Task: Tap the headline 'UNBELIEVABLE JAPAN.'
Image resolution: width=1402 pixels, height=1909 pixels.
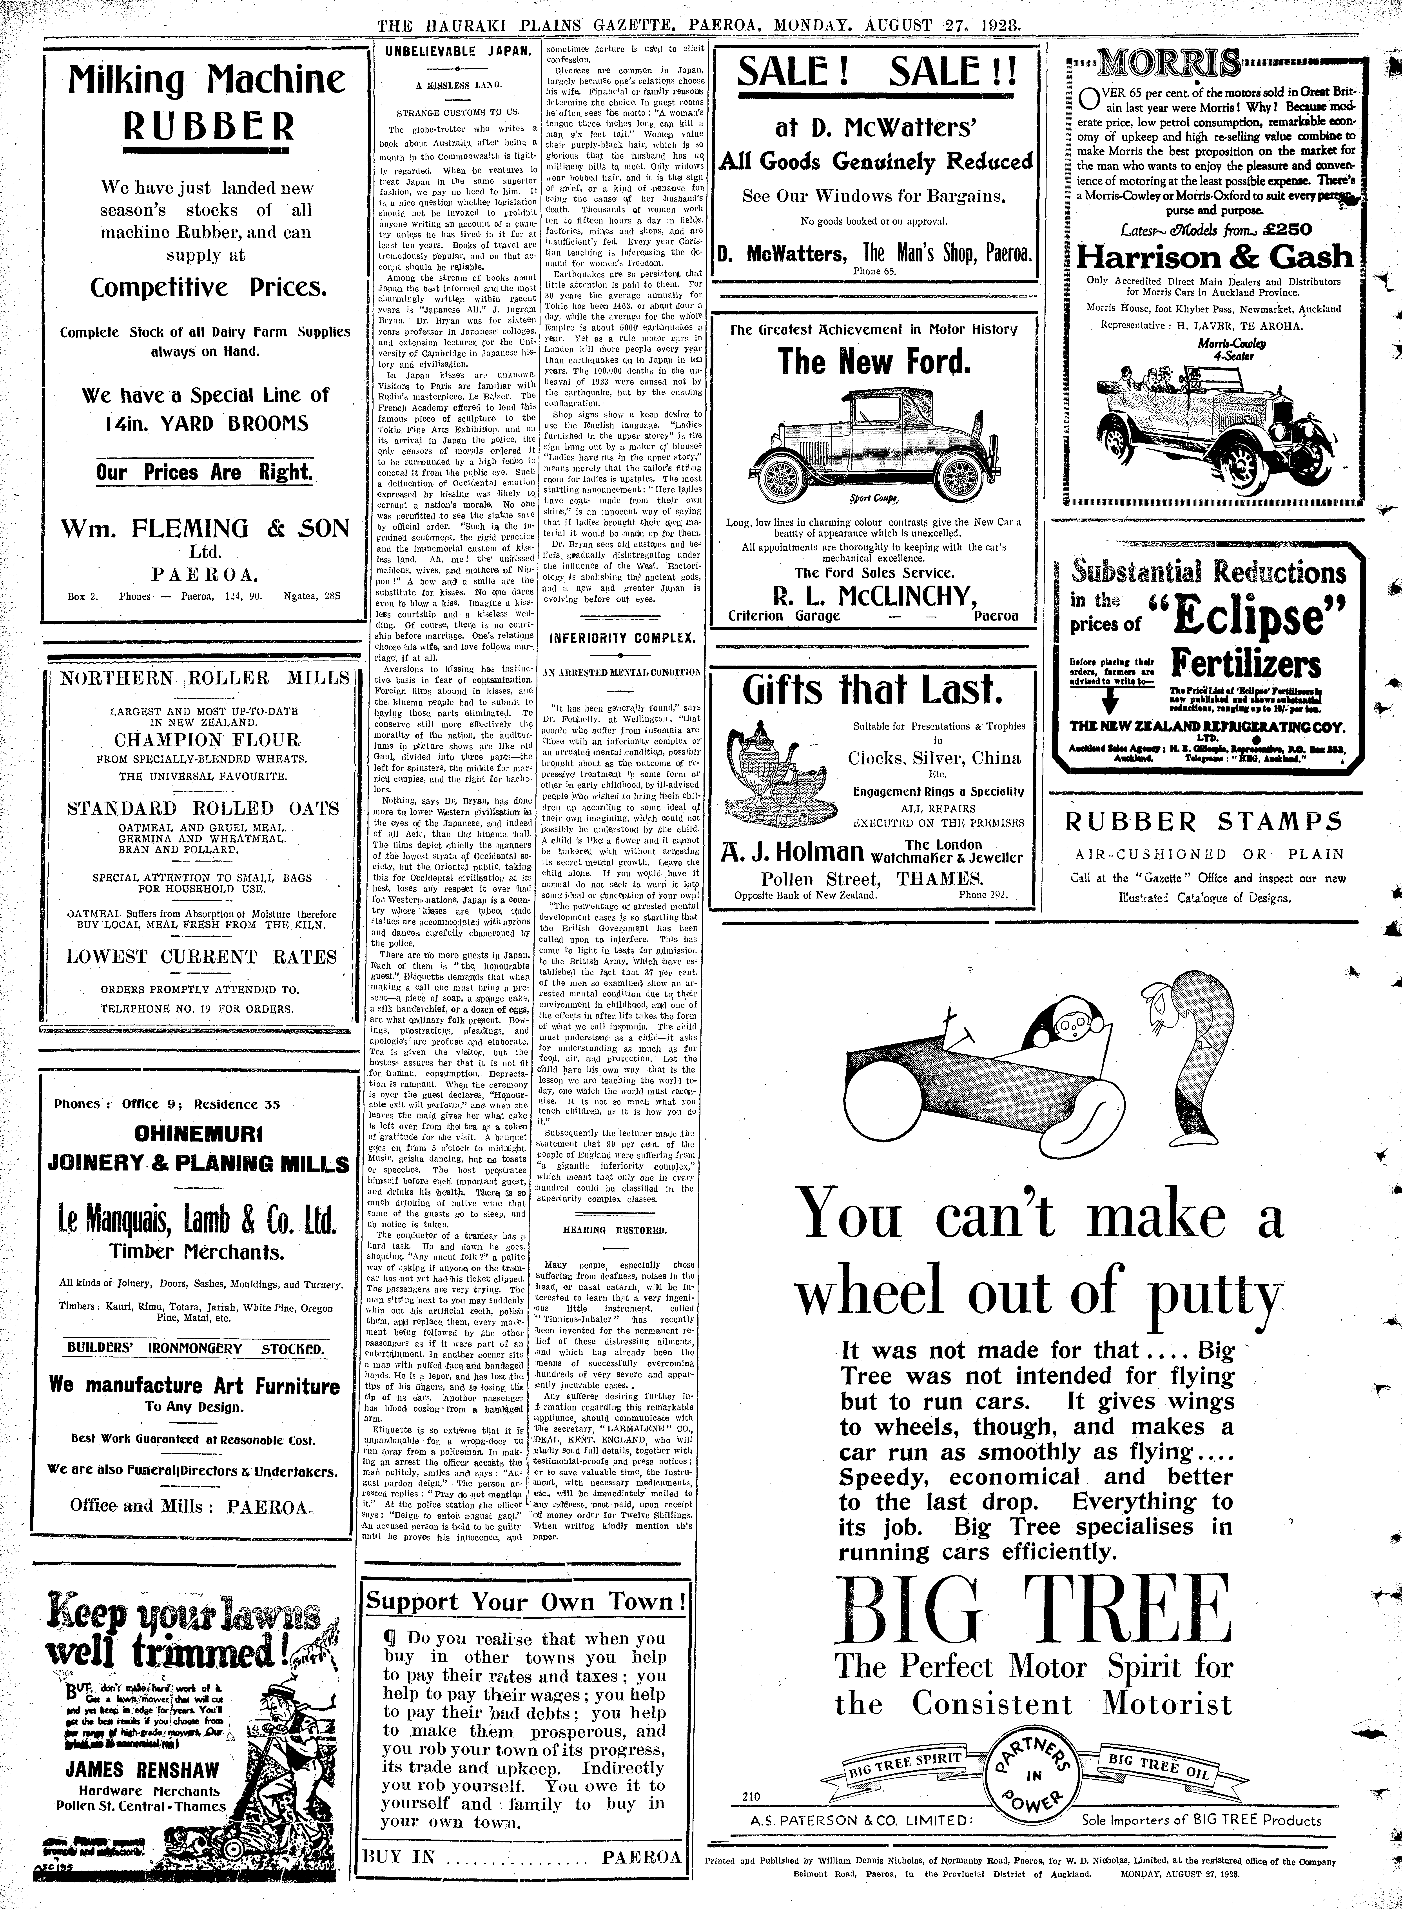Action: [x=457, y=51]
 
